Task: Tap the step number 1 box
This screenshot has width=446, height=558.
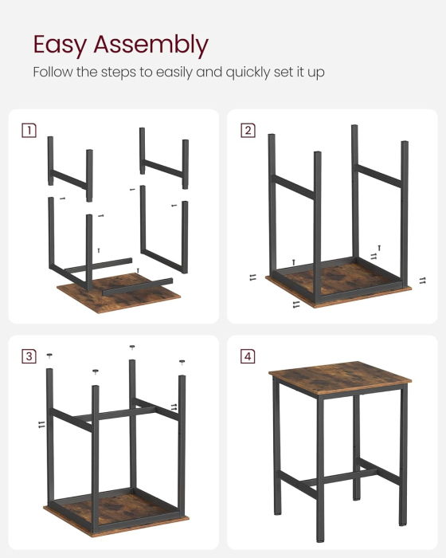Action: click(29, 130)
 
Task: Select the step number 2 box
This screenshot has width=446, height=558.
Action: click(248, 130)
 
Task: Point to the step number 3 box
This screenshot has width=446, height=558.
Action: click(29, 356)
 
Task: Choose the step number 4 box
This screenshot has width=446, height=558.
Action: click(248, 356)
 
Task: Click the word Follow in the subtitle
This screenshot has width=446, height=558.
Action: click(52, 73)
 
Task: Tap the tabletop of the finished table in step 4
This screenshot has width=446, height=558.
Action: click(339, 374)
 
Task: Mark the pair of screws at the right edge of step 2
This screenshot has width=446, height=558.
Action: click(422, 280)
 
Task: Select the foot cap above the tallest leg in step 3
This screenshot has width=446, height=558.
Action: click(132, 348)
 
